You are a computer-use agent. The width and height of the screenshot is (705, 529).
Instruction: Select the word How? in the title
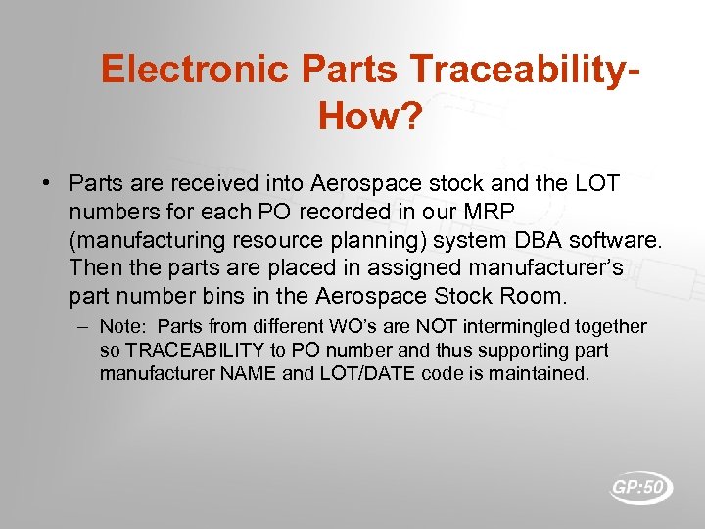click(x=370, y=118)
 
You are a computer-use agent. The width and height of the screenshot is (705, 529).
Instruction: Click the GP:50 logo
click(x=641, y=487)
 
